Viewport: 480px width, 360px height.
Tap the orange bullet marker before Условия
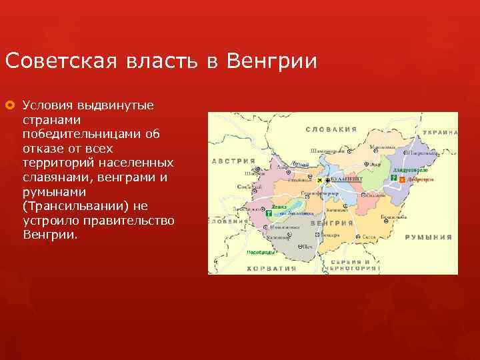tap(11, 105)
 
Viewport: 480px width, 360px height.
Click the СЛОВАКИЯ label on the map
tap(331, 129)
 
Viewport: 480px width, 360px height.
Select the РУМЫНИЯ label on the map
tap(430, 237)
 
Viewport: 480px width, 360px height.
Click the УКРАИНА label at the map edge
tap(439, 133)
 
